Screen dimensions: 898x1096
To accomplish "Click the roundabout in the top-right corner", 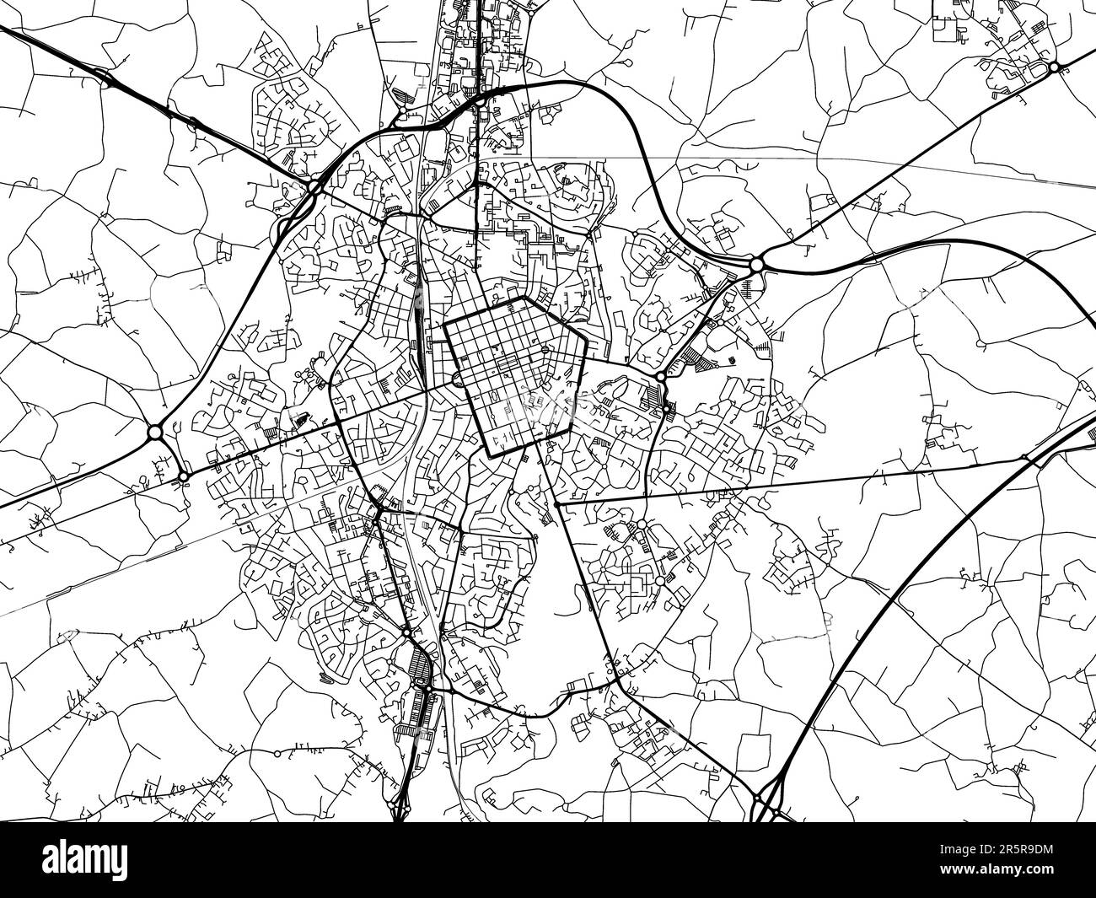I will (1054, 67).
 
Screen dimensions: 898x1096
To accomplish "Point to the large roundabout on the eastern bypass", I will (756, 264).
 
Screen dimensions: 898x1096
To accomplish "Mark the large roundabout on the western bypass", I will (154, 433).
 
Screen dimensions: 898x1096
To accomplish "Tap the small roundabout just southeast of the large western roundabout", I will (183, 477).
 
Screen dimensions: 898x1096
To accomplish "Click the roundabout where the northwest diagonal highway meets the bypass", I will (313, 186).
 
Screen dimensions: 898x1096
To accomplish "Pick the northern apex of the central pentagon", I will (524, 297).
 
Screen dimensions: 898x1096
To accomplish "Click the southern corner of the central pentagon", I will (490, 455).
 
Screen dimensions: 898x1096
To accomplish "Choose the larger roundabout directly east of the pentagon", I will (660, 377).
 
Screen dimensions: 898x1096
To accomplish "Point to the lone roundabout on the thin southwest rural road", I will (277, 752).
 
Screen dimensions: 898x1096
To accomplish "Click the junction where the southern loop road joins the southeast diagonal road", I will (619, 681).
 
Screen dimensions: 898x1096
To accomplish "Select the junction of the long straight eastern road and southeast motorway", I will (1025, 457).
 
